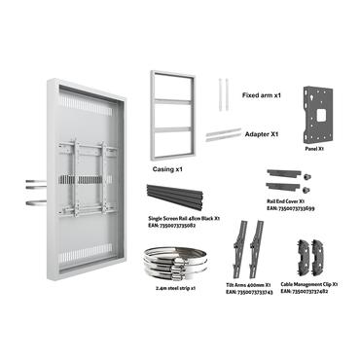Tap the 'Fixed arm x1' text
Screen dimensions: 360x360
[x=262, y=96]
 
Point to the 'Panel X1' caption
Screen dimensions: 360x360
[x=314, y=150]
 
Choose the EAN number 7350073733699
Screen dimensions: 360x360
[x=291, y=210]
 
